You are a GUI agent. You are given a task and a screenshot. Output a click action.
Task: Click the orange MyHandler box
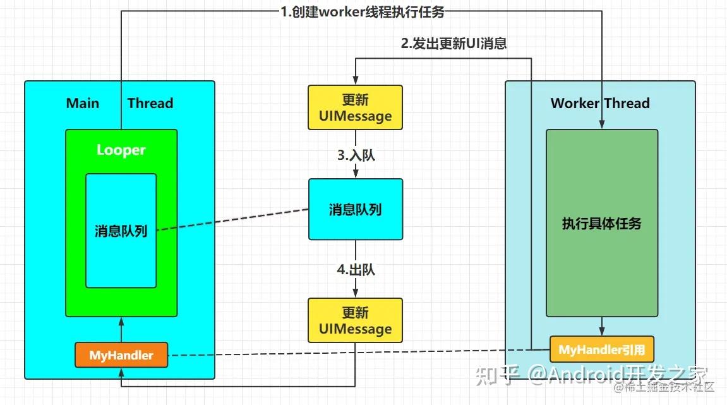coord(121,355)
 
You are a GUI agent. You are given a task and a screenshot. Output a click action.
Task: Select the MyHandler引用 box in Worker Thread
coord(601,349)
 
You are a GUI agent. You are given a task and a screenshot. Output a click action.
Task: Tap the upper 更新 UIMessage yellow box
coord(356,107)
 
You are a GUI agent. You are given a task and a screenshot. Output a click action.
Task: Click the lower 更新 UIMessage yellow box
coord(356,320)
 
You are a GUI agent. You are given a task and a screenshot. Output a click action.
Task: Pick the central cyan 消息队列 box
coord(356,209)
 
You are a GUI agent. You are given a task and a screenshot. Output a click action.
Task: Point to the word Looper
coord(121,150)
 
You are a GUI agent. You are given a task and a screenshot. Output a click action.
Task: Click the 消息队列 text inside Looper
coord(121,231)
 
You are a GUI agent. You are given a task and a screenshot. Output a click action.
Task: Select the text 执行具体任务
coord(601,224)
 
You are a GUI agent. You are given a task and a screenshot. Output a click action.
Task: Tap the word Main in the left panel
coord(83,103)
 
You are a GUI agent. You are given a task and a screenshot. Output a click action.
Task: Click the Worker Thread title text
coord(600,103)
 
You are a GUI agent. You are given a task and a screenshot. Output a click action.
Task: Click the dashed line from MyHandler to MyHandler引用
coord(354,352)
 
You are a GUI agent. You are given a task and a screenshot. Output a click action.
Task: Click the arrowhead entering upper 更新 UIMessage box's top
coord(356,81)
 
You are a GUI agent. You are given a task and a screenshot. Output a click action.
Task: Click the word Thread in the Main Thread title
coord(150,103)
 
